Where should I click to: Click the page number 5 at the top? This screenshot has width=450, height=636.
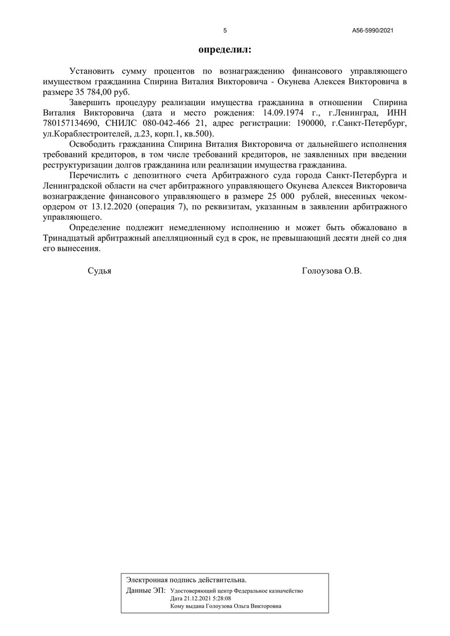[x=225, y=31]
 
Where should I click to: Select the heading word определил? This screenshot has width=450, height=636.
[x=225, y=49]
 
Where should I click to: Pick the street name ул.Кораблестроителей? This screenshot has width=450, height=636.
[x=84, y=133]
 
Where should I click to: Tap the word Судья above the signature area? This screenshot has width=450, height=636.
[x=100, y=271]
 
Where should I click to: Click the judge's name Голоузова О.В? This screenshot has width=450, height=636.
[x=332, y=271]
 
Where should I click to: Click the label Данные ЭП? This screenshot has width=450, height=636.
[x=146, y=591]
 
